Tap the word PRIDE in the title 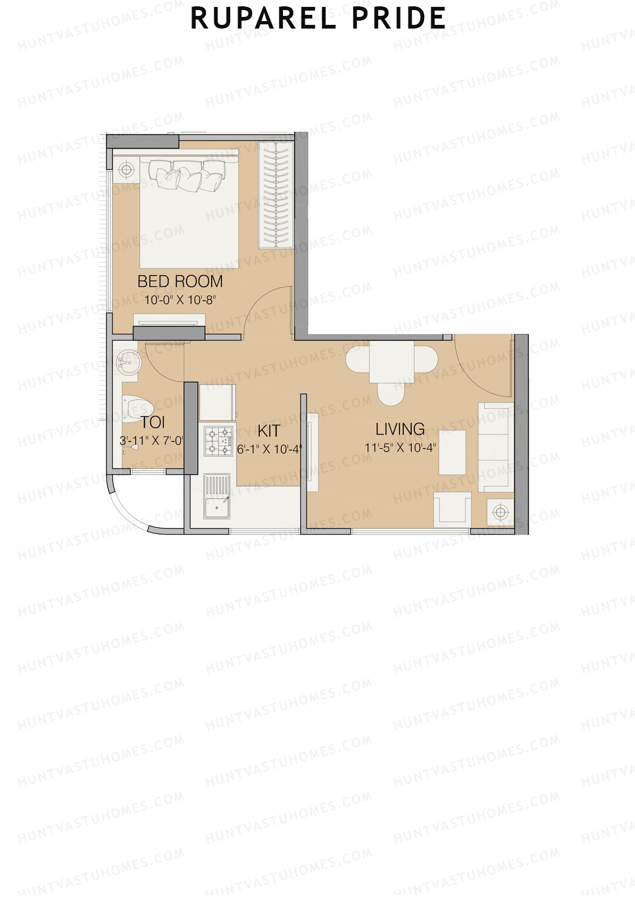[398, 19]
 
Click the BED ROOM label [180, 282]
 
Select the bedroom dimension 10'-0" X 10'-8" [180, 300]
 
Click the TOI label [153, 422]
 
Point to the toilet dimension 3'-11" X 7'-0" [152, 440]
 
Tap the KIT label [268, 430]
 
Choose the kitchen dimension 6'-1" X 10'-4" [269, 449]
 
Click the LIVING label [400, 429]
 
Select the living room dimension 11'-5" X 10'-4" [400, 448]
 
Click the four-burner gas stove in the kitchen [219, 441]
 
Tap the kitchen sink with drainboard [217, 496]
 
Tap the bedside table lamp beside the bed [126, 169]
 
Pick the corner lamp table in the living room [500, 512]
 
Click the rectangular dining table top [392, 362]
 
